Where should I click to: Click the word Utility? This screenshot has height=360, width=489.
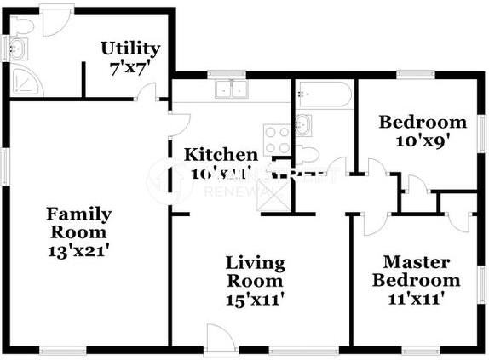coord(130,48)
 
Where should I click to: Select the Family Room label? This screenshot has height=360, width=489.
coord(78,223)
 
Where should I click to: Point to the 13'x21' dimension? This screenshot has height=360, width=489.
coord(78,251)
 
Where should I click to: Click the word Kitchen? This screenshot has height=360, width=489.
coord(221,155)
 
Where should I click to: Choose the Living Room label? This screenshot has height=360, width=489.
coord(255,271)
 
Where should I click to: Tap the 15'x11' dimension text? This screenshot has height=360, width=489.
coord(255,299)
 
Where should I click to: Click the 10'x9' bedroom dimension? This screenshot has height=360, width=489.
coord(422,140)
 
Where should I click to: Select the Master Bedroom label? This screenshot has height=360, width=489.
coord(421,271)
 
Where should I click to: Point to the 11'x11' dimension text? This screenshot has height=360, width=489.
coord(421,299)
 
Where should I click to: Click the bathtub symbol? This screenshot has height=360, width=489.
coord(323,95)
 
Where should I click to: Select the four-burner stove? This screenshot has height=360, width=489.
coord(277,138)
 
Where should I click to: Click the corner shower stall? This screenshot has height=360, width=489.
coord(24,81)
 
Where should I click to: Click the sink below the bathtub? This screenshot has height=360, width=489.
coord(302,126)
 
